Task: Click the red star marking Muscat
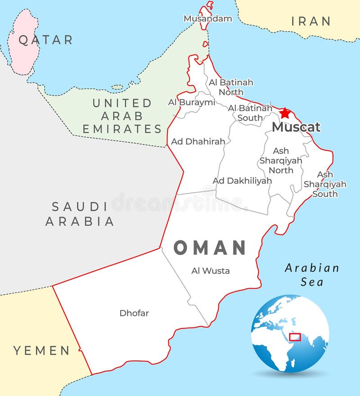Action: click(x=285, y=112)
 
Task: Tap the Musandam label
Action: click(x=208, y=18)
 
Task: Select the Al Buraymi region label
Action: click(x=192, y=102)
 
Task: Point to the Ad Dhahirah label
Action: click(x=198, y=141)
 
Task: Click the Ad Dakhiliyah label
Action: click(x=242, y=180)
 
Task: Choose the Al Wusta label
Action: click(x=210, y=270)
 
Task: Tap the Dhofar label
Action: click(x=134, y=313)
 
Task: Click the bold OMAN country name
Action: click(x=210, y=248)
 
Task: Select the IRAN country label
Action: click(x=311, y=21)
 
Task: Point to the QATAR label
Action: click(x=45, y=40)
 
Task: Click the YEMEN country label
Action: click(x=41, y=351)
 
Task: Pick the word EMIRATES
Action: click(x=122, y=129)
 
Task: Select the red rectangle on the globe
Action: click(x=295, y=337)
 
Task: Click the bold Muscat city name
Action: click(x=296, y=127)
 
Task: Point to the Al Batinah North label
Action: click(x=231, y=87)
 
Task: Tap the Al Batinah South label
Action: click(x=250, y=113)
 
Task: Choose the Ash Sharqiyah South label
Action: click(x=325, y=184)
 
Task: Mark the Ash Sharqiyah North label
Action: click(x=281, y=160)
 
